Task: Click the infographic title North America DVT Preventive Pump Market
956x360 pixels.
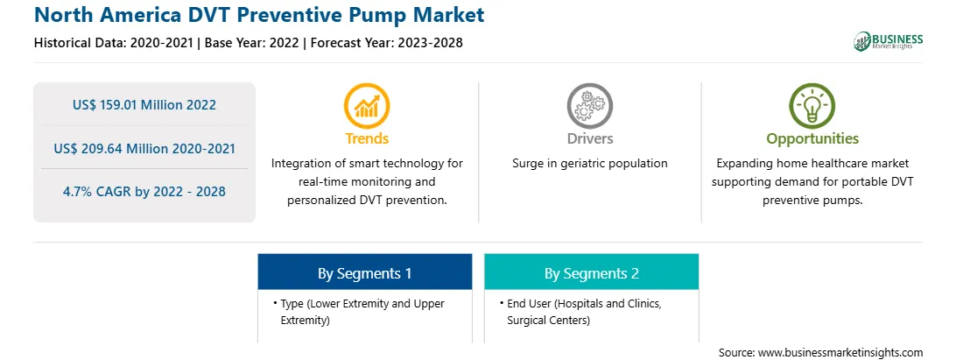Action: coord(259,15)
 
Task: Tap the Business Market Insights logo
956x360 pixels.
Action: coord(889,41)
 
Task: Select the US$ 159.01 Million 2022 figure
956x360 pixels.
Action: coord(144,105)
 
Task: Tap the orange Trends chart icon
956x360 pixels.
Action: coord(367,106)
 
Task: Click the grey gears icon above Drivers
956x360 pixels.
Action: coord(589,106)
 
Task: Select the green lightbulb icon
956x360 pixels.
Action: coord(812,106)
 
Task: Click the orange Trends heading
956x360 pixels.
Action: coord(367,138)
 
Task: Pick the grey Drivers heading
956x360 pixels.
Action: coord(589,138)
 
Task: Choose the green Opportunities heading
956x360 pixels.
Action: coord(812,139)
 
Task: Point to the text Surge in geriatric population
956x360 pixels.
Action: coord(589,164)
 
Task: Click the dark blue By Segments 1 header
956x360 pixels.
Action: coord(364,272)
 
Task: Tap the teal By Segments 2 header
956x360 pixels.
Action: coord(592,272)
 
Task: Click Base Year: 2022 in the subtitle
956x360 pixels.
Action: coord(252,43)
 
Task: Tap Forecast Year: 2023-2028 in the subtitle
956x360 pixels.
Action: coord(384,43)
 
